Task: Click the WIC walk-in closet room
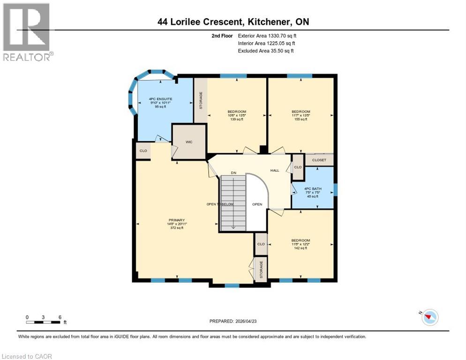point(189,142)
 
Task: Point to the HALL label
point(275,170)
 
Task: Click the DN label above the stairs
point(233,173)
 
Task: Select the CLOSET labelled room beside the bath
point(319,160)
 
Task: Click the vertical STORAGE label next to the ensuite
point(201,100)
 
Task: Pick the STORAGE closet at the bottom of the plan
point(261,269)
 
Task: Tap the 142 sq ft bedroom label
point(300,244)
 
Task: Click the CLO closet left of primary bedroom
point(143,151)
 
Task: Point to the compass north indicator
point(428,317)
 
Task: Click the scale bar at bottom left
point(43,322)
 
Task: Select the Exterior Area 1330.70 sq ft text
point(267,36)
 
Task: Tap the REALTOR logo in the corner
point(27,32)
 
